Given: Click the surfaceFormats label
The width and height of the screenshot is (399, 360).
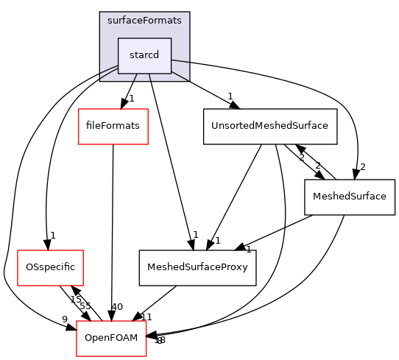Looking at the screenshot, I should pos(144,21).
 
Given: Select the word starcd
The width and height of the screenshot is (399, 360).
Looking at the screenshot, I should pos(144,55).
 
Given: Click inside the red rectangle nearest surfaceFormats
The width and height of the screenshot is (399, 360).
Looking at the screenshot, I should pos(113,127).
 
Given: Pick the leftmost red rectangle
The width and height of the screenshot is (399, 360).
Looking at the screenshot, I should pos(50,268).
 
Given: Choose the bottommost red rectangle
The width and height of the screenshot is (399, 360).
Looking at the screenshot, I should pos(111,339).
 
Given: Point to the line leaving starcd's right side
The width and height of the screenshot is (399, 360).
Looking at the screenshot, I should pos(180,61).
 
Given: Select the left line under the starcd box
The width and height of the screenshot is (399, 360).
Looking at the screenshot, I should pos(135,77).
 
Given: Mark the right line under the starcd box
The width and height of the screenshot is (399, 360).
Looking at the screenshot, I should pos(150,77).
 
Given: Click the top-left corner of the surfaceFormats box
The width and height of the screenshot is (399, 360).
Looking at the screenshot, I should pos(100,13).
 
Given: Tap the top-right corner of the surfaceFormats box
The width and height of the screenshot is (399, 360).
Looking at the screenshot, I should pos(189,13).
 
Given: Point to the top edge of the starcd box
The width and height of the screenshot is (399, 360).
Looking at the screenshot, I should pos(144,38).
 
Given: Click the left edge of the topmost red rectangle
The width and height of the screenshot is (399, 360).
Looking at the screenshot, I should pos(79,127).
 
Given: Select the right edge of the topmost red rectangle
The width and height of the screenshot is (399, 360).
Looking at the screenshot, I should pos(148,127).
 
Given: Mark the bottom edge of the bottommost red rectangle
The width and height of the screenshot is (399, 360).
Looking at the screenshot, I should pos(111,356).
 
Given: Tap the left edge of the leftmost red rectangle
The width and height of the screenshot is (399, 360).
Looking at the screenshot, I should pos(18,268).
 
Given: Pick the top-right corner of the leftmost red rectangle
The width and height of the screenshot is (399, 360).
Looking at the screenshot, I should pos(83,250).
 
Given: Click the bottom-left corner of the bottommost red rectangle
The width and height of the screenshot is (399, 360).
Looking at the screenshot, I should pos(77,356).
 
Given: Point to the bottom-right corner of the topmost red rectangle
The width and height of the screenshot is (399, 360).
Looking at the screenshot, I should pos(148,144).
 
